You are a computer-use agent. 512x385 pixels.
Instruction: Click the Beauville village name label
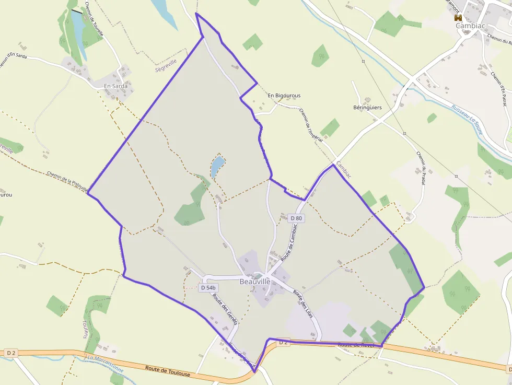255,282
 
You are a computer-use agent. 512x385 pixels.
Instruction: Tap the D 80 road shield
296,218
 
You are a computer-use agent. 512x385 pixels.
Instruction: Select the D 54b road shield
208,287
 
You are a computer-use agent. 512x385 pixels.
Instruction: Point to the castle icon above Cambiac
458,17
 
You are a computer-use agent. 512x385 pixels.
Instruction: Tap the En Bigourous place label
284,96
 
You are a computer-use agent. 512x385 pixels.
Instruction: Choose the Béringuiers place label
367,108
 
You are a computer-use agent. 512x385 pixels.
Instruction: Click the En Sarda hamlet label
115,86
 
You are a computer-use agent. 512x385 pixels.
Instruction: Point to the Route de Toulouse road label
167,371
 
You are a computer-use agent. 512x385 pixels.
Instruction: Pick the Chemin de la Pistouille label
67,181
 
